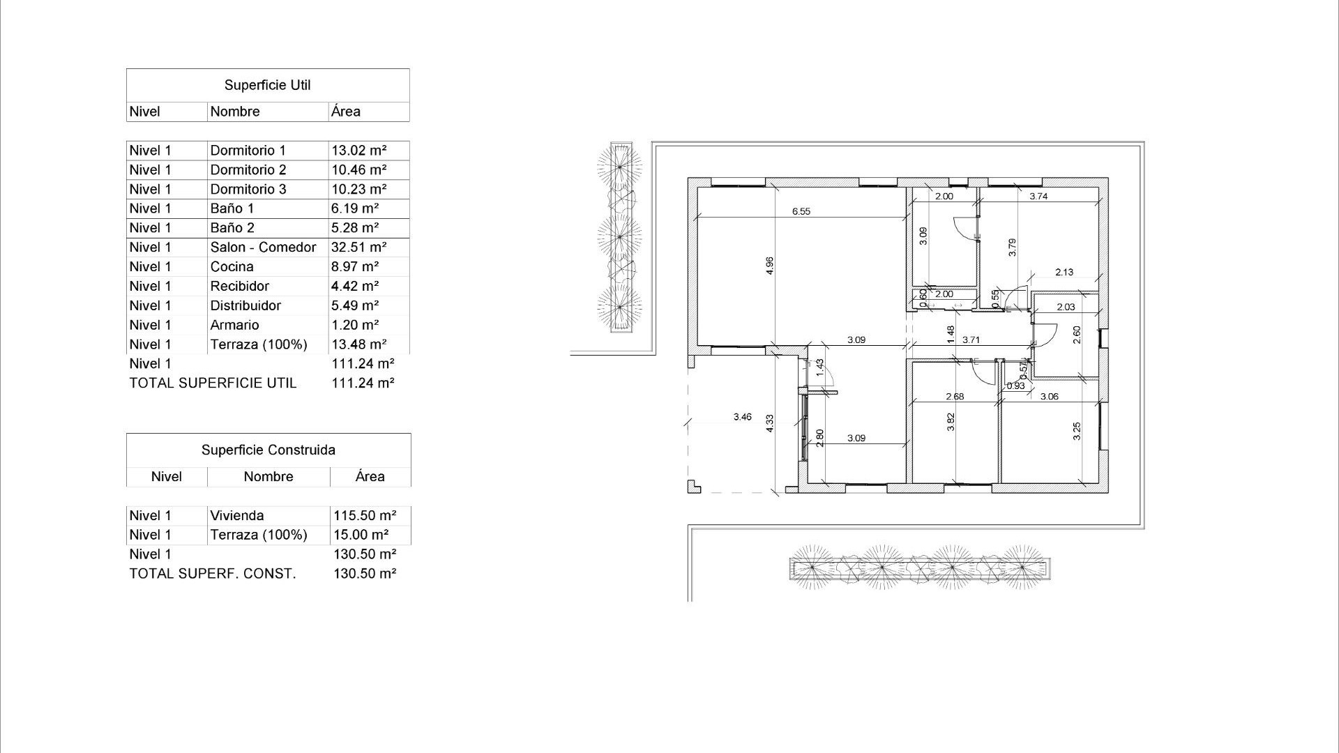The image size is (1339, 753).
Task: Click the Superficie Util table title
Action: pos(267,85)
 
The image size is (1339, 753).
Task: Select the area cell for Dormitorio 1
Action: pos(358,151)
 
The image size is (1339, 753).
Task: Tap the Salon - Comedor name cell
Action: pos(263,248)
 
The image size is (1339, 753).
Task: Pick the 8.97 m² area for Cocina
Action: pos(354,267)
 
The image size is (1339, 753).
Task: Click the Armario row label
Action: pos(234,325)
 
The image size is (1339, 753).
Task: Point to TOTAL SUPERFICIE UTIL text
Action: pos(213,383)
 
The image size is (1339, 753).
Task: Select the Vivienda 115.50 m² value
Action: pos(364,516)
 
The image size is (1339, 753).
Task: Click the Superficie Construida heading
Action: pos(268,450)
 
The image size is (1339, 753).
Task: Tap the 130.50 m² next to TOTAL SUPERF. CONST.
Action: pos(364,574)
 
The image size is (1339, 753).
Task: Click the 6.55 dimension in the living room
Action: pos(801,211)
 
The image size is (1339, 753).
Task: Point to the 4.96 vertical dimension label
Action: pos(770,266)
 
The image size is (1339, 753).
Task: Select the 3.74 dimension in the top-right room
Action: pos(1038,197)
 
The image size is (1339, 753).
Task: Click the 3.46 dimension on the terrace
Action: pos(742,417)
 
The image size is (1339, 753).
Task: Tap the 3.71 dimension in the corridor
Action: pos(971,340)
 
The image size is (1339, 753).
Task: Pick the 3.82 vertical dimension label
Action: pos(951,423)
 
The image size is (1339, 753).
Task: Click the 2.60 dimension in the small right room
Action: pos(1077,335)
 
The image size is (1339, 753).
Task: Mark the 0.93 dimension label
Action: pos(1015,386)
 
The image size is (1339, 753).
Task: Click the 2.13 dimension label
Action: pos(1064,273)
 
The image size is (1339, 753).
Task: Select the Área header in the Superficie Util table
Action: pos(346,112)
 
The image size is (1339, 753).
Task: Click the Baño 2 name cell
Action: pos(232,228)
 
